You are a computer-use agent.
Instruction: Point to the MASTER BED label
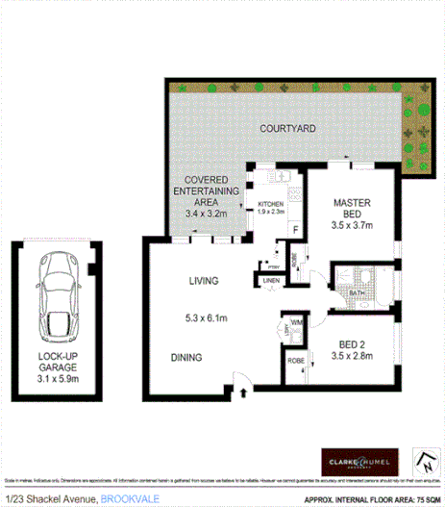coord(352,209)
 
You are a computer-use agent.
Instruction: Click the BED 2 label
coord(351,343)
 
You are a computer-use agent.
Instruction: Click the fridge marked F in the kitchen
coord(295,228)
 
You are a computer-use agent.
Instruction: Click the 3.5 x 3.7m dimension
coord(351,226)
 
